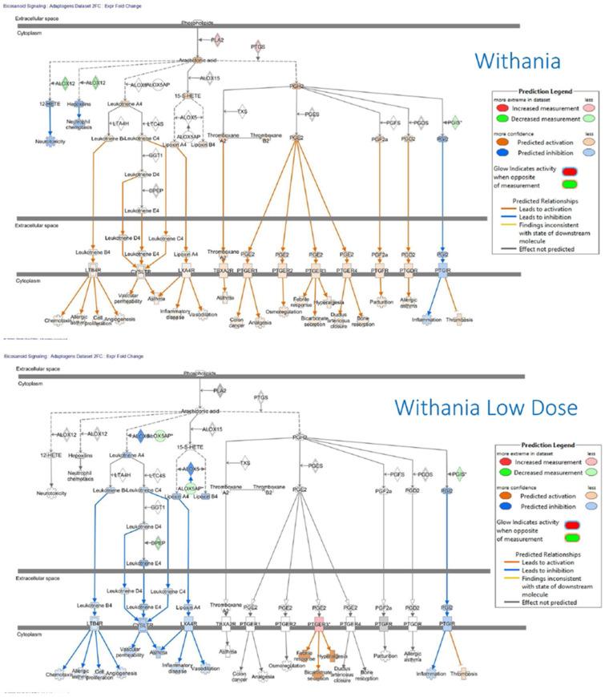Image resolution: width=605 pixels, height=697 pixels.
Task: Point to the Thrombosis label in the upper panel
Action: (458, 315)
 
